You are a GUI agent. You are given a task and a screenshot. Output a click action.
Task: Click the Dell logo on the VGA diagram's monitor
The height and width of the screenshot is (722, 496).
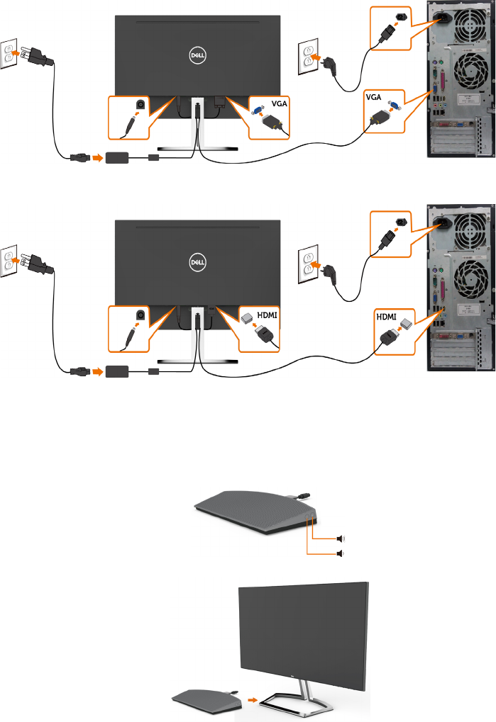click(x=198, y=53)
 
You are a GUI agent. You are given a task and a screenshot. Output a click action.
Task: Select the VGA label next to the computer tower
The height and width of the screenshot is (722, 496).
click(x=374, y=96)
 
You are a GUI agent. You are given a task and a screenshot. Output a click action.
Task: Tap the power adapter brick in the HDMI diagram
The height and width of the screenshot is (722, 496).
click(x=121, y=370)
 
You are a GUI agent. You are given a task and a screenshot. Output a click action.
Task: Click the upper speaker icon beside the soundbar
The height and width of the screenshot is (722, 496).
click(x=341, y=538)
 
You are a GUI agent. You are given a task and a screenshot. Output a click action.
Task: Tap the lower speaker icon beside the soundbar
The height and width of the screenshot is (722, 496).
click(x=341, y=553)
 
